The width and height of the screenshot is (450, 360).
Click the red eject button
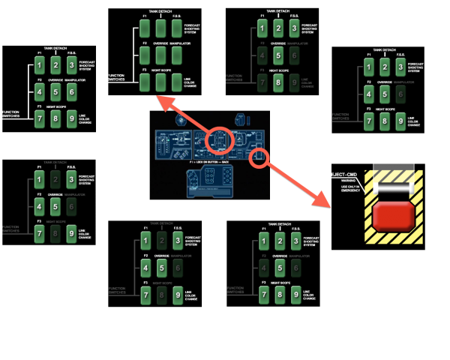(x=394, y=216)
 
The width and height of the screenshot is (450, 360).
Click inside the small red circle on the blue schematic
(x=259, y=157)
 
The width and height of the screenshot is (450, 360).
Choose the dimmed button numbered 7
(x=262, y=83)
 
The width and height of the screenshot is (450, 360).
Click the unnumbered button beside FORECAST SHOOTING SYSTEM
(x=177, y=28)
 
